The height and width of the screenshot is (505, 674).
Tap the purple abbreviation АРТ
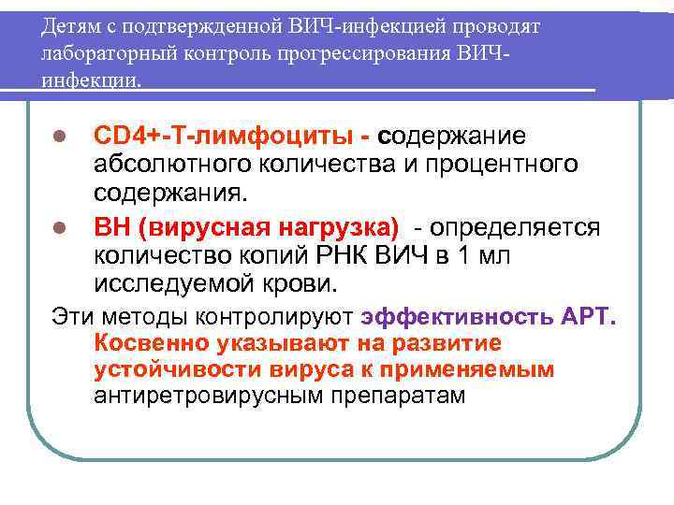[x=587, y=314]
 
